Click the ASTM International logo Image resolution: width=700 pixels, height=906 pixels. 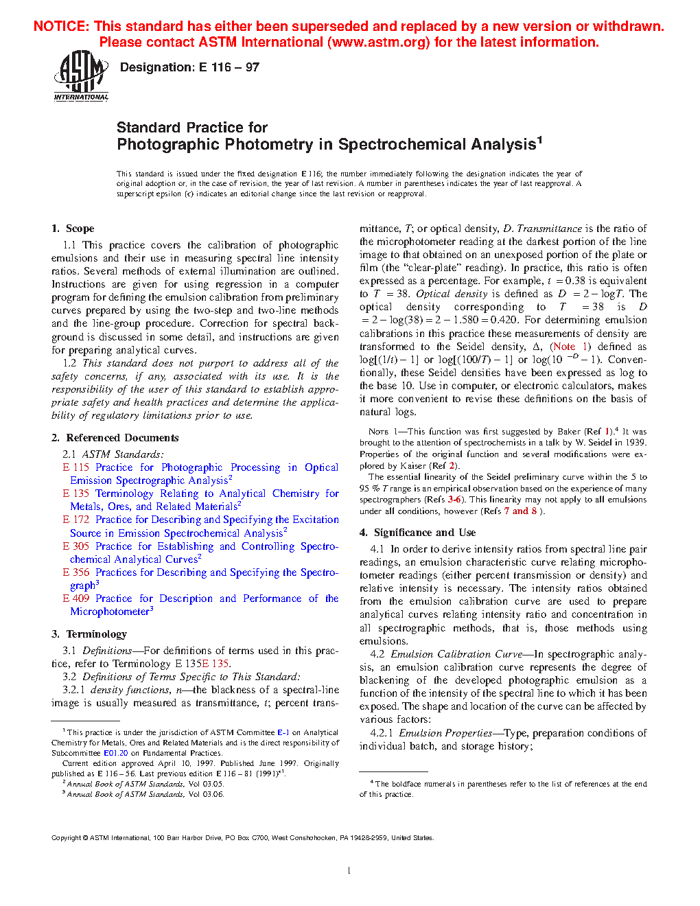coord(81,75)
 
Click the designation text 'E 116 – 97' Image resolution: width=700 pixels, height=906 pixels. coord(229,67)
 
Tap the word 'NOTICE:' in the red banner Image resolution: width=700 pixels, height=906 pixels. coord(62,27)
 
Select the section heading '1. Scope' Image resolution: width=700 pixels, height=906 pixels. coord(73,229)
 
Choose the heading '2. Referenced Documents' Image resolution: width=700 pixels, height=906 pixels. coord(115,438)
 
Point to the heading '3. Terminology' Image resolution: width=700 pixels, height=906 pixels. coord(89,634)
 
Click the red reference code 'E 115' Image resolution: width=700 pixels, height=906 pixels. coord(75,467)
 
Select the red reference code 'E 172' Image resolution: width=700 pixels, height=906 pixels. coord(75,520)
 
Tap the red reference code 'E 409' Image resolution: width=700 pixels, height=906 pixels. coord(75,599)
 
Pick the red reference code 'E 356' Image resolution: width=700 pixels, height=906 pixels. coord(75,572)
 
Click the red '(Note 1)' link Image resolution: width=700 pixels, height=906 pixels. coord(570,347)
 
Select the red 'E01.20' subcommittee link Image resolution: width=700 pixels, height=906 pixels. coord(115,753)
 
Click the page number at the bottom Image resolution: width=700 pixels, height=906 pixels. coord(349,871)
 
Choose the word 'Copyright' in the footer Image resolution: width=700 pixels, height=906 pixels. coord(67,837)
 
